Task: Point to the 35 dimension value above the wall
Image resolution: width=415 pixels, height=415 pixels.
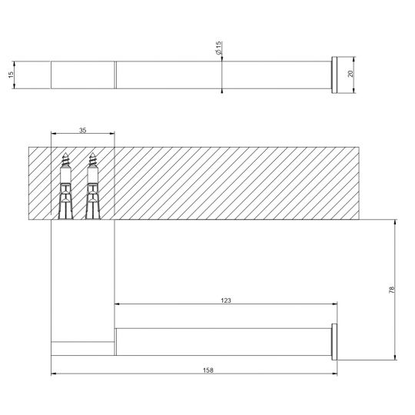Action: coord(83,131)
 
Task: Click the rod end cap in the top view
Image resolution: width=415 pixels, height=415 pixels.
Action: coord(335,73)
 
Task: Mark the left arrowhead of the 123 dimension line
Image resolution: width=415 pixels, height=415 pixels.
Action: coord(118,305)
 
